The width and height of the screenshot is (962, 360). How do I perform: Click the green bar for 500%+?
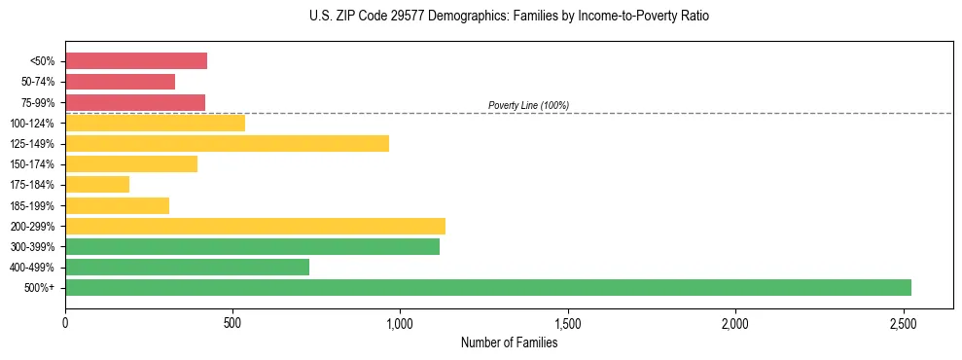[488, 287]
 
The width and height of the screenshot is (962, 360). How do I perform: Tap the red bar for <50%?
[136, 61]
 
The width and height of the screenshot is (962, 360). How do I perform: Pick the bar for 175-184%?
[97, 184]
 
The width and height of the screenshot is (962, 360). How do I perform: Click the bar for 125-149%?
[227, 143]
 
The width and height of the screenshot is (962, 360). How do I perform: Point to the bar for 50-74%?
[120, 82]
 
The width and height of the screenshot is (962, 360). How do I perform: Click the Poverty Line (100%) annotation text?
[528, 105]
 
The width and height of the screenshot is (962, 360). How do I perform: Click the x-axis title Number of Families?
[510, 342]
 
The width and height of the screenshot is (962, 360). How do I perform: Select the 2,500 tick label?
[903, 322]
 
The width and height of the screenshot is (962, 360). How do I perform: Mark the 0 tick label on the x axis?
[65, 322]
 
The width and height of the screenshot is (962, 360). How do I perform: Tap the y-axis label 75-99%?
[38, 103]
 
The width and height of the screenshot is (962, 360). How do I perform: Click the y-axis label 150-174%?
[34, 164]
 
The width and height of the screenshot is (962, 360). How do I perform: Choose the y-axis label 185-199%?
[34, 205]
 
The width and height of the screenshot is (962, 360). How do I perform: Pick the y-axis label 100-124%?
[34, 124]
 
